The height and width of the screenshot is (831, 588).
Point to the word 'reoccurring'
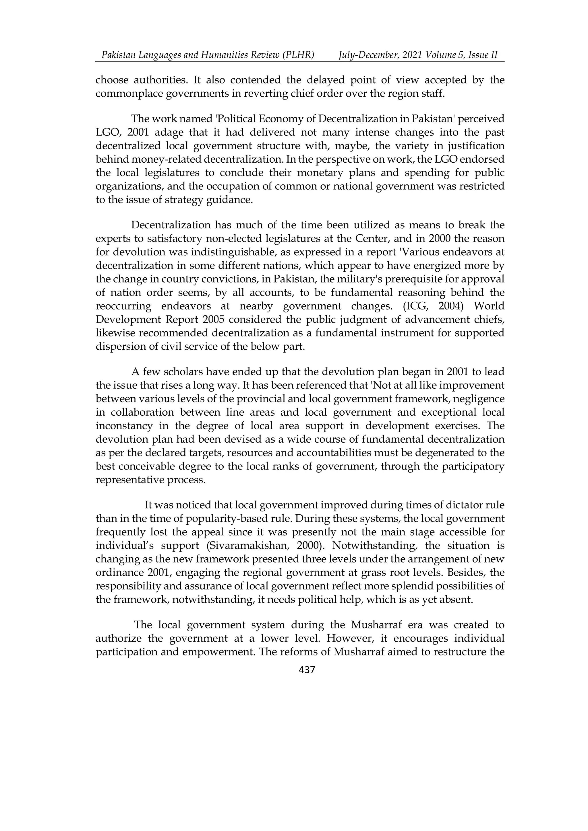[x=123, y=306]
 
